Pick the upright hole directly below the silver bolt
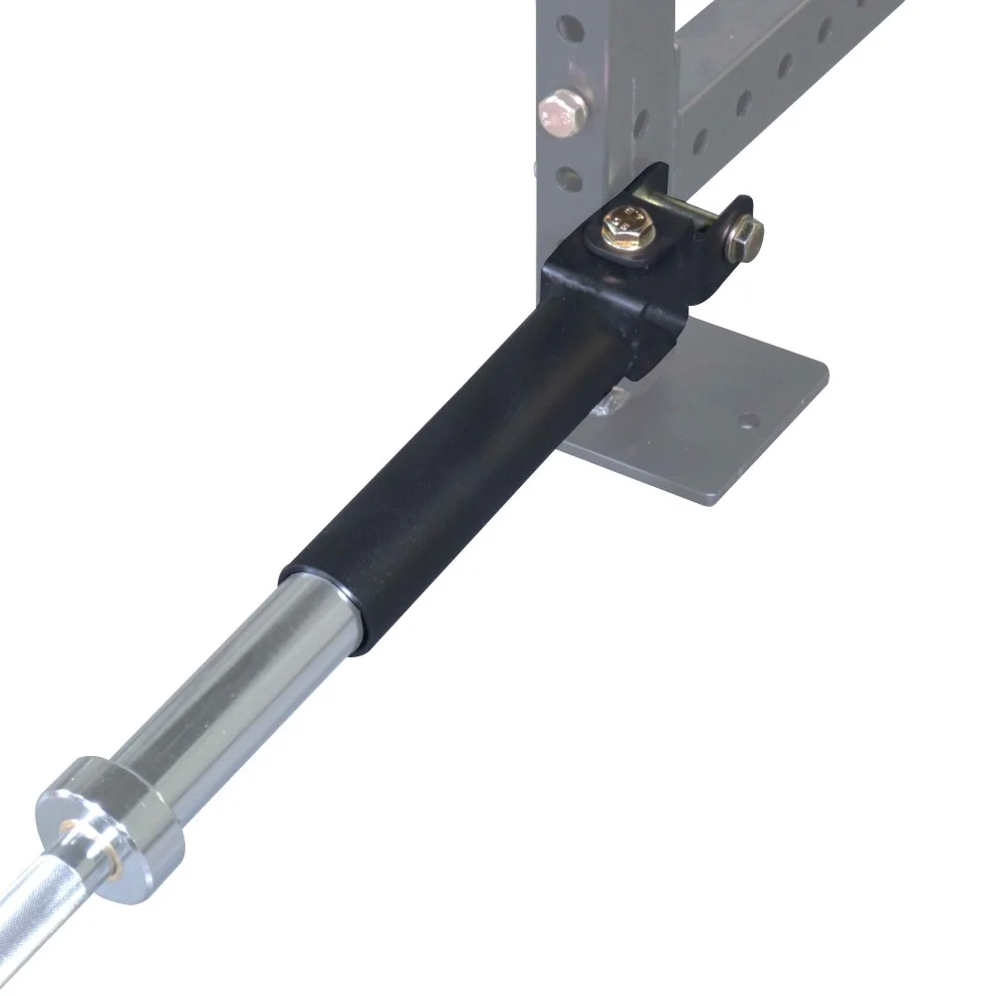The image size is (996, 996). point(569,179)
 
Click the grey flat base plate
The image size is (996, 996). point(717,418)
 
